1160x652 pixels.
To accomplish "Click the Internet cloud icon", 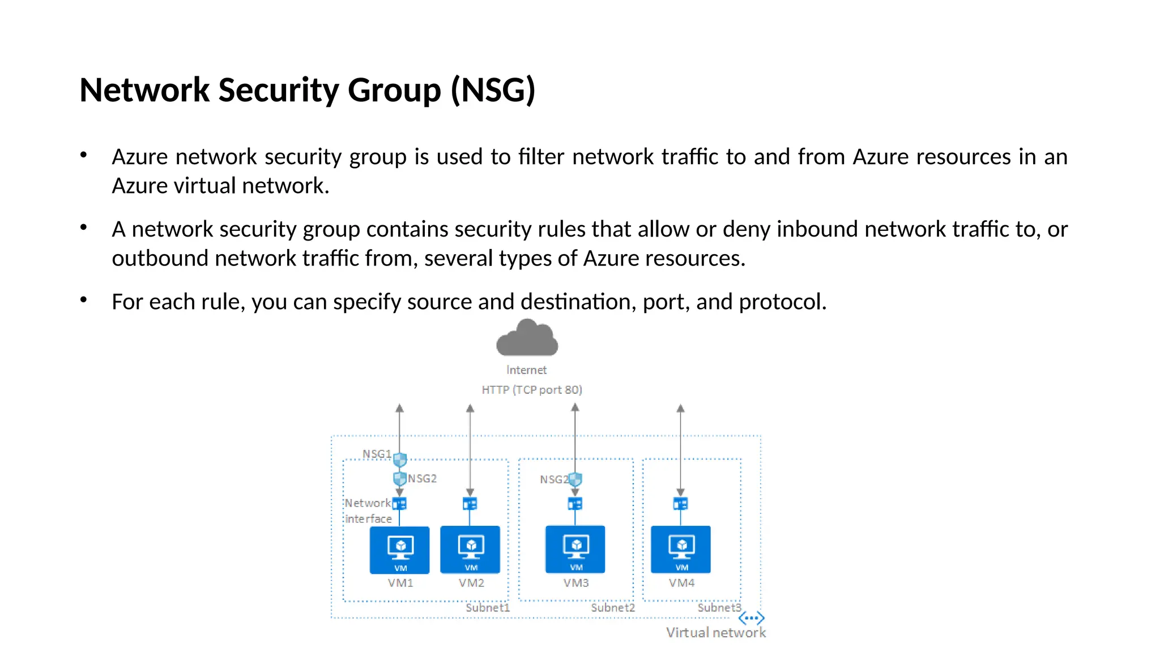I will (527, 338).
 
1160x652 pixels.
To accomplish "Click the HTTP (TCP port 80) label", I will (531, 390).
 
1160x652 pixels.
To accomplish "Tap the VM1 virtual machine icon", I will (400, 550).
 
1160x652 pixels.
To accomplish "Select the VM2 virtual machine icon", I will (470, 550).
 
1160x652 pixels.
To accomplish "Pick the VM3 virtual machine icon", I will (575, 549).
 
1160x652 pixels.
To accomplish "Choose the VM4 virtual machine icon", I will (680, 549).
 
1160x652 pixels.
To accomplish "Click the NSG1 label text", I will (377, 454).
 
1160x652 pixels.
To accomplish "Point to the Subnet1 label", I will (487, 608).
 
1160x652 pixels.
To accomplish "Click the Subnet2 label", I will (612, 608).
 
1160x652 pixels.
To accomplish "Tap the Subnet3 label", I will (719, 608).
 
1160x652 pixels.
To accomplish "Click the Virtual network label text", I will (715, 633).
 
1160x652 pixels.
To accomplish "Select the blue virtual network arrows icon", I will (751, 618).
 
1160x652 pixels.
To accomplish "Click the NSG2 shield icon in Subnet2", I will (575, 480).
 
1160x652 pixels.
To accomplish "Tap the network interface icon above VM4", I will (680, 504).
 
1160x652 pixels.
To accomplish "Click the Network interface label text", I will (368, 511).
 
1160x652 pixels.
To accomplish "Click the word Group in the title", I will (394, 90).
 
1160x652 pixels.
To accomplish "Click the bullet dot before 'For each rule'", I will (83, 299).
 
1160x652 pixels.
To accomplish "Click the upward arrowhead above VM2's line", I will (470, 408).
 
